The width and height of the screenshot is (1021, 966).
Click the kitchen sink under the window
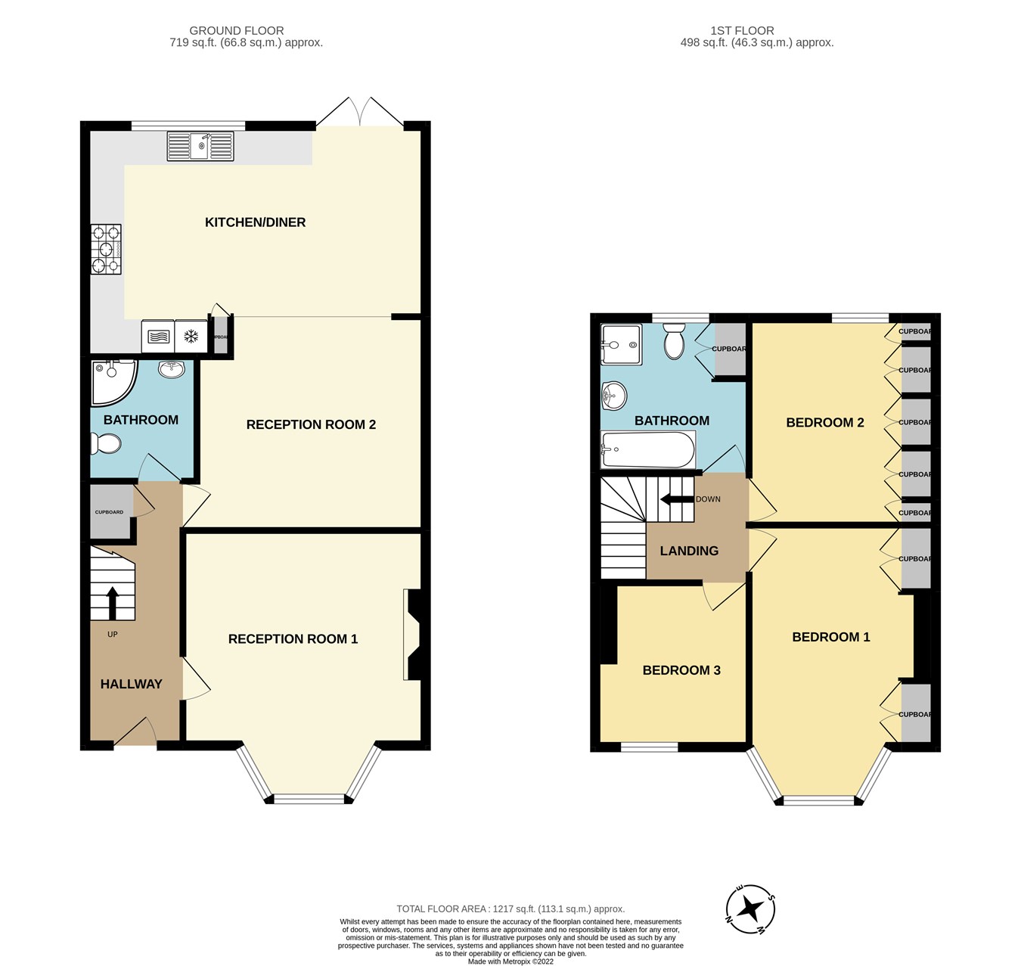tap(200, 146)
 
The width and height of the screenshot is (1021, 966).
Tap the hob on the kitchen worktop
tap(107, 250)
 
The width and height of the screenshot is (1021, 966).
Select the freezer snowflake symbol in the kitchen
tap(191, 337)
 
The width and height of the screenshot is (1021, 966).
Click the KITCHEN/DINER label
tap(255, 222)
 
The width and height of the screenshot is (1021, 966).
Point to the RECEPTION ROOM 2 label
tap(311, 424)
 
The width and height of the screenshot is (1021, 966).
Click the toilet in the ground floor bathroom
tap(105, 443)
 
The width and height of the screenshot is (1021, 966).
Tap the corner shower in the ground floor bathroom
tap(110, 382)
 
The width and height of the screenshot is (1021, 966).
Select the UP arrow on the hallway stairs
tap(113, 602)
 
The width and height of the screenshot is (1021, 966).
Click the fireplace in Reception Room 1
tap(414, 634)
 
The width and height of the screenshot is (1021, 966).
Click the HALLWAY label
tap(132, 684)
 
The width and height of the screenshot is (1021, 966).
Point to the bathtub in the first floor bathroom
tap(647, 450)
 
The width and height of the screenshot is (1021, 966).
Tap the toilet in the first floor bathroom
tap(672, 342)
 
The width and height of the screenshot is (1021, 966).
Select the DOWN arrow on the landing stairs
tap(677, 499)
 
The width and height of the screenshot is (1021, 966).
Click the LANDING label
tap(689, 551)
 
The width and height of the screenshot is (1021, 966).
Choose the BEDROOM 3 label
tap(681, 670)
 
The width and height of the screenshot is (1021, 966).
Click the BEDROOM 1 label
tap(830, 637)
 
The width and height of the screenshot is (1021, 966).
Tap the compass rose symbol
tap(750, 908)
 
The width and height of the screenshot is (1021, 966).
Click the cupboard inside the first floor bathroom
tap(729, 349)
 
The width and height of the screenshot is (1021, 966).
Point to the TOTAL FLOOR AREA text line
tap(510, 909)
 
